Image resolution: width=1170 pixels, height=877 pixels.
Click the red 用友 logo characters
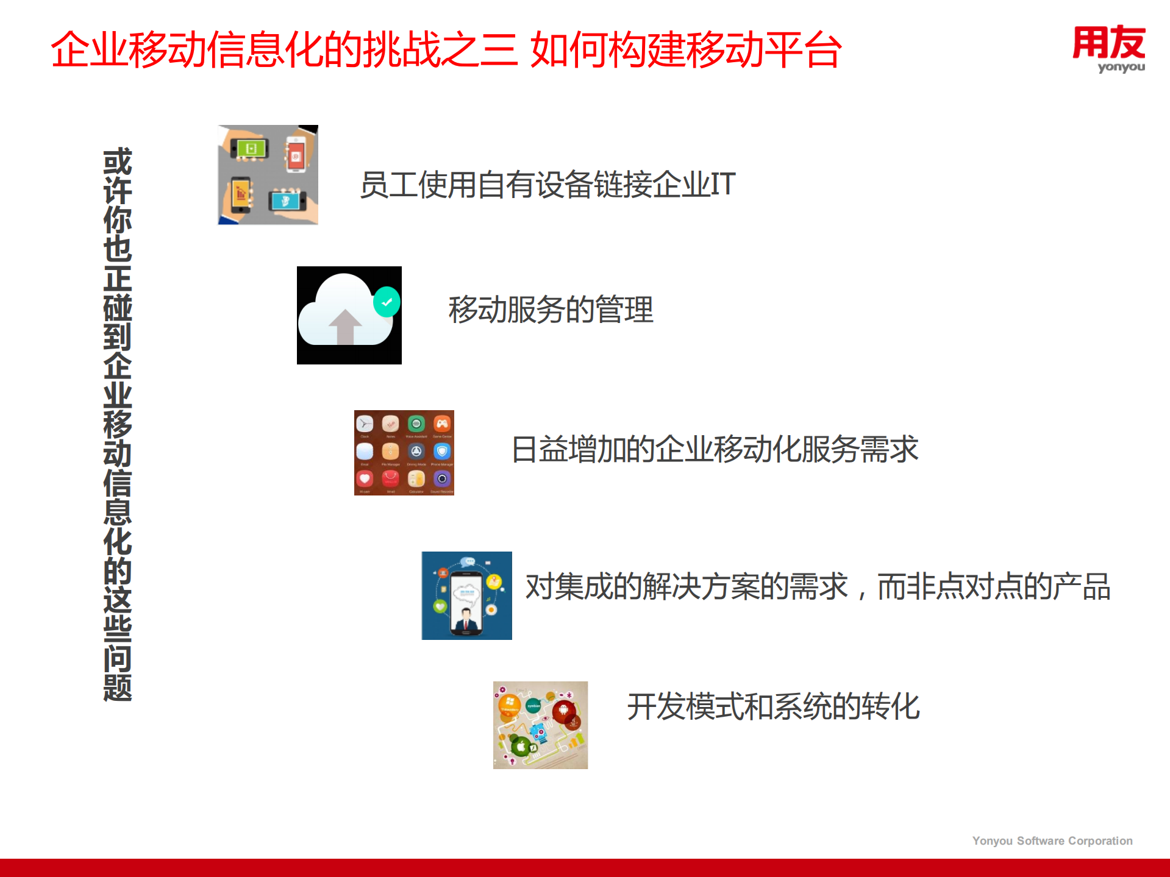click(1108, 42)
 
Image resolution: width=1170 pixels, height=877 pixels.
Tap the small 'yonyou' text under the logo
click(1121, 67)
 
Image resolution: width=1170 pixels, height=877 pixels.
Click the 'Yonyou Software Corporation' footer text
click(1052, 840)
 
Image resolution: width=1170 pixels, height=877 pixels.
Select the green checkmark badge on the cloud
click(387, 302)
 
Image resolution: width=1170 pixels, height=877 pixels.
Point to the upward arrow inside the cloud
click(345, 326)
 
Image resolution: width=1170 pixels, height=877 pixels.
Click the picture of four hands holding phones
click(268, 175)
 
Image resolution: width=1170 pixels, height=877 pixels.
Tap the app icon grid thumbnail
click(404, 452)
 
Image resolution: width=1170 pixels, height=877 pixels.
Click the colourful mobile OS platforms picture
click(540, 725)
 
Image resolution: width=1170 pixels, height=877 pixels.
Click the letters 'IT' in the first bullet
click(723, 184)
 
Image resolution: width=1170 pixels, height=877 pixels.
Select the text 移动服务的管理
click(551, 310)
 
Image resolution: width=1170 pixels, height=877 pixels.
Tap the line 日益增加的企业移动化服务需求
click(714, 449)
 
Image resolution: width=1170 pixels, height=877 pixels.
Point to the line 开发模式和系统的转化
click(773, 706)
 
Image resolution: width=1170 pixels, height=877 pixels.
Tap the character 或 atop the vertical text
click(118, 162)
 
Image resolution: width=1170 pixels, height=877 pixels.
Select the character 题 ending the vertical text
click(118, 687)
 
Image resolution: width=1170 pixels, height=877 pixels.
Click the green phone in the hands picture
click(251, 149)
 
